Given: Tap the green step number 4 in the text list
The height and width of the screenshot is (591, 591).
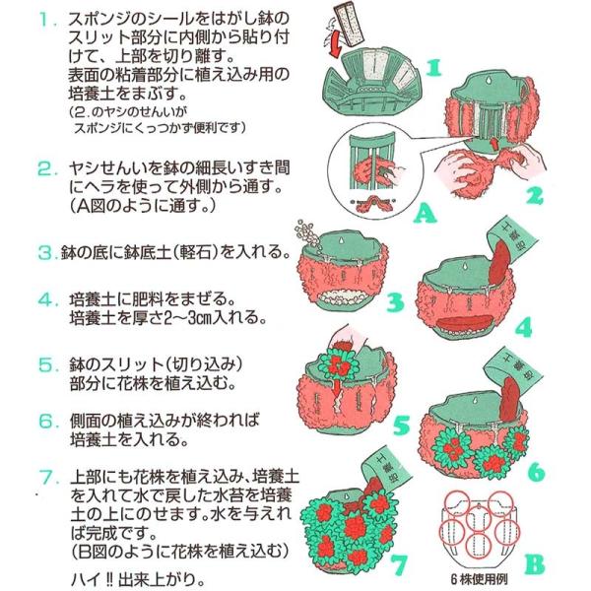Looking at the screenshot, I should (45, 299).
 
